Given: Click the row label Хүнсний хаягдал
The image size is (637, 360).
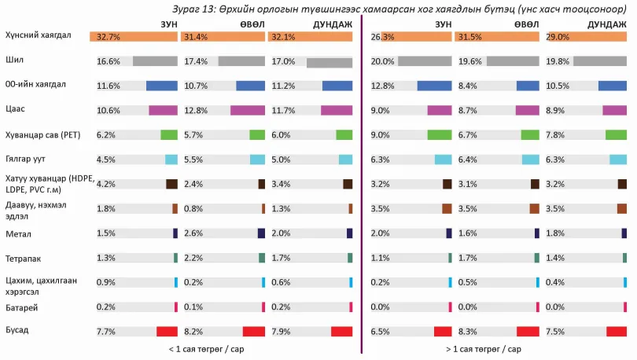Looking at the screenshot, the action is (x=39, y=35).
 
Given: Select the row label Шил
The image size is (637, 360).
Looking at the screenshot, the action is (x=15, y=60).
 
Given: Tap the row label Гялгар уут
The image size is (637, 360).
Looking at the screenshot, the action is (x=25, y=159).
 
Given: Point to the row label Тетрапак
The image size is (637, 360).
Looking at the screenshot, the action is (x=23, y=259).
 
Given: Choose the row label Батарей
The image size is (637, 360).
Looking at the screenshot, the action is (x=22, y=307).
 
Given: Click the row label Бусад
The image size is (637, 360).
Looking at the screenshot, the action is (x=17, y=330).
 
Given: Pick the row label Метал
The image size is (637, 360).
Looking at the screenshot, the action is (x=18, y=233).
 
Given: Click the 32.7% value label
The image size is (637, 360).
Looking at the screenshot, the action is (x=109, y=37).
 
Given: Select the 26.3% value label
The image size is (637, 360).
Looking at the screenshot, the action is (x=382, y=37).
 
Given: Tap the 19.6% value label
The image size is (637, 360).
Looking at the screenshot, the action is (x=470, y=61).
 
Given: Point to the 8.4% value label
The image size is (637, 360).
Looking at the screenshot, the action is (x=468, y=86).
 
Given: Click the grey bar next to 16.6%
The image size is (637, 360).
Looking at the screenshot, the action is (x=155, y=61).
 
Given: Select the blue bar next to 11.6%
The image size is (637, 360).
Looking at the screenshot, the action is (x=162, y=86).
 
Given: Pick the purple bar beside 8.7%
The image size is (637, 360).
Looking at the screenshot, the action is (x=528, y=110).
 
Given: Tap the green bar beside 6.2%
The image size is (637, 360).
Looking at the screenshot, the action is (x=169, y=134).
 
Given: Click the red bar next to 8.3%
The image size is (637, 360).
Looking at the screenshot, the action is (x=528, y=332).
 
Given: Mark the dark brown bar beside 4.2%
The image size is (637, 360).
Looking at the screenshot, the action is (x=172, y=184).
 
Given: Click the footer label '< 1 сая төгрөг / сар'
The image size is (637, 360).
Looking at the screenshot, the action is (x=206, y=349).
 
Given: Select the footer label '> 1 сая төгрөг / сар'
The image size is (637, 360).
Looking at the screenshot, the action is (x=484, y=349).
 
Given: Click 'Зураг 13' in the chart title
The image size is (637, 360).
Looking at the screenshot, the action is (x=193, y=9).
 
